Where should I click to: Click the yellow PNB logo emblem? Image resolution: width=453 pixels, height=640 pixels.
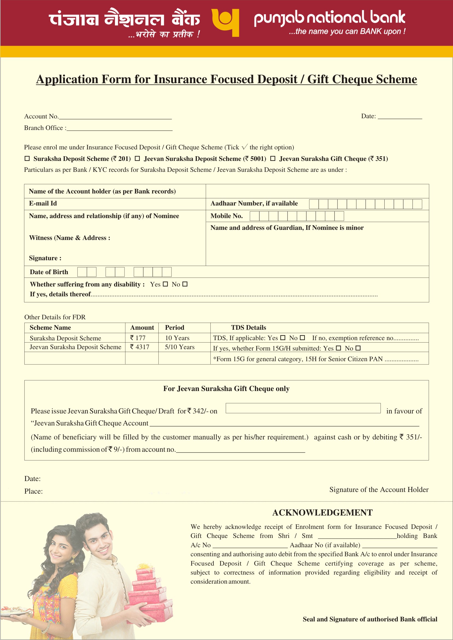(x=225, y=22)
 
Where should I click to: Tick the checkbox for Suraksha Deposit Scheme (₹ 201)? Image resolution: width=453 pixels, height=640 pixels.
(x=27, y=158)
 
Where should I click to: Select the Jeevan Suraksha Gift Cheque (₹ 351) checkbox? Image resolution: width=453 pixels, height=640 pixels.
(x=273, y=158)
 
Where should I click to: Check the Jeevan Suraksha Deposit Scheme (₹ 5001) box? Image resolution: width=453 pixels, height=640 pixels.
(x=137, y=158)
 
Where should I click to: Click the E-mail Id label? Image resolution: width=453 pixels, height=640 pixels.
(x=43, y=203)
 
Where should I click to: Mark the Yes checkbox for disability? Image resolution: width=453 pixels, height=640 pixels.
(x=165, y=284)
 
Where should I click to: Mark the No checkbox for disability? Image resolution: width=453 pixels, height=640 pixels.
(x=185, y=284)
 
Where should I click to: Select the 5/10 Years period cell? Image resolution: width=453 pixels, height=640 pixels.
(x=180, y=347)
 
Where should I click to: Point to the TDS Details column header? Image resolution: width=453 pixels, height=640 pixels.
(x=249, y=328)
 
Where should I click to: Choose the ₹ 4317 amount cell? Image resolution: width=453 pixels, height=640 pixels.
(x=140, y=347)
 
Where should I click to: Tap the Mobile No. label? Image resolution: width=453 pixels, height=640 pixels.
(x=226, y=216)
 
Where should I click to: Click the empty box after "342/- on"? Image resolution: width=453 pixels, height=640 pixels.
(x=303, y=408)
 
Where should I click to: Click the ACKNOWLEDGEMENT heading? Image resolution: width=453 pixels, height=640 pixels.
(x=323, y=512)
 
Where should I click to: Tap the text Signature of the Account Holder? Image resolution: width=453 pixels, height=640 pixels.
(x=379, y=490)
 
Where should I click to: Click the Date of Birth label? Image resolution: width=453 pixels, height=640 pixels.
(x=49, y=272)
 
